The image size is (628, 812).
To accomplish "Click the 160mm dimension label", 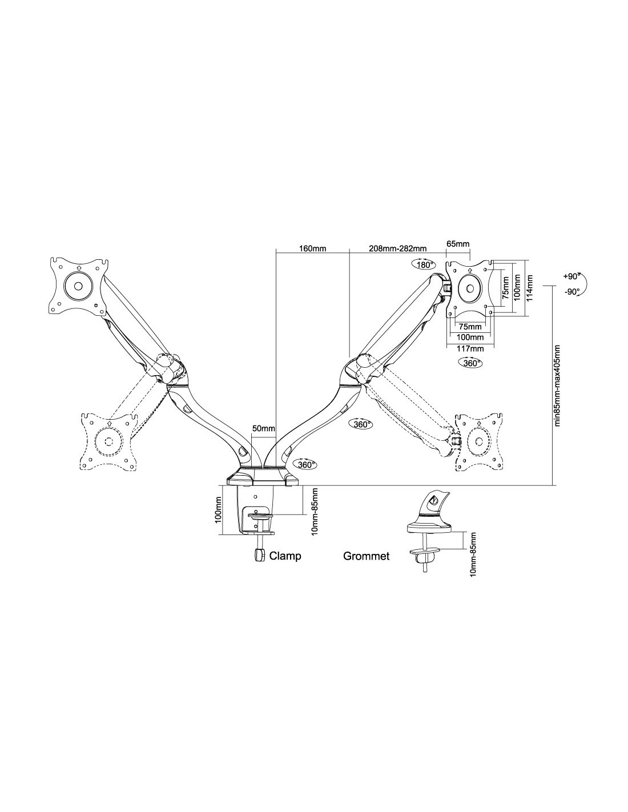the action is coord(312,248).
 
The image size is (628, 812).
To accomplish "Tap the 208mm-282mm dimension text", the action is coord(397,248).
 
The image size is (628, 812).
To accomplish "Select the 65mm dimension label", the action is coord(458,244).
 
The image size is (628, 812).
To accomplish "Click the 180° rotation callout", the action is coord(424,264).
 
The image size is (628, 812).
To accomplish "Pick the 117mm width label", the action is coord(470,349).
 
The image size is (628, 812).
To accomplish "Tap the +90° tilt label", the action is coord(571,277).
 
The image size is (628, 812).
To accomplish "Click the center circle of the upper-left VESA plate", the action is coord(78,286).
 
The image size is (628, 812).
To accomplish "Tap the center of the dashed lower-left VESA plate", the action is coord(108,441).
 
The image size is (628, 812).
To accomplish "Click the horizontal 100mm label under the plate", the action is coord(470,337).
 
